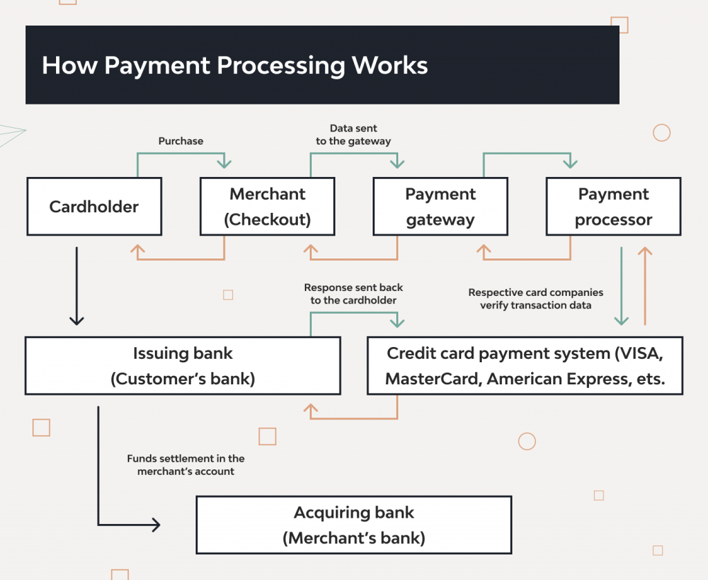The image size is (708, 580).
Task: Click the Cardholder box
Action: pyautogui.click(x=94, y=207)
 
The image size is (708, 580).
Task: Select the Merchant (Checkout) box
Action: pyautogui.click(x=267, y=207)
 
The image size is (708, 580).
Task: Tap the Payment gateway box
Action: pyautogui.click(x=440, y=207)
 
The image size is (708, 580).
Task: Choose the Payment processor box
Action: pyautogui.click(x=613, y=207)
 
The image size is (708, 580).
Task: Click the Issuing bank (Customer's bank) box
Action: pyautogui.click(x=183, y=366)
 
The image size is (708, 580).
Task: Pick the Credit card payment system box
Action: pyautogui.click(x=525, y=366)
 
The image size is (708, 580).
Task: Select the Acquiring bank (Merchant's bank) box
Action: pyautogui.click(x=353, y=525)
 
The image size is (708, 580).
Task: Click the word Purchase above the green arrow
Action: pyautogui.click(x=181, y=141)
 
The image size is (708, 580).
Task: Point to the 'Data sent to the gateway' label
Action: pyautogui.click(x=353, y=135)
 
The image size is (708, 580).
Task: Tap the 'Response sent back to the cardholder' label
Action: pyautogui.click(x=353, y=294)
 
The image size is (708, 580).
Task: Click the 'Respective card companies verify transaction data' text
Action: pyautogui.click(x=536, y=299)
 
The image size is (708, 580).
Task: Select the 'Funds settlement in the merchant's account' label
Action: pyautogui.click(x=185, y=465)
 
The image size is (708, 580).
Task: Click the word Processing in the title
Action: pyautogui.click(x=281, y=66)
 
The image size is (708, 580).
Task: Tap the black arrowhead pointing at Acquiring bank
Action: pyautogui.click(x=155, y=525)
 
